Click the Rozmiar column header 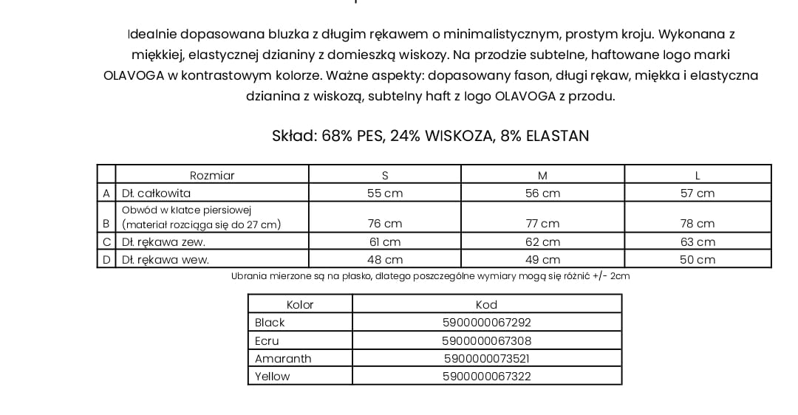(x=212, y=175)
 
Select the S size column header (x=384, y=175)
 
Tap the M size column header (x=542, y=175)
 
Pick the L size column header (x=698, y=175)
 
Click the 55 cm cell (x=384, y=193)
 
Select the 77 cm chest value (x=542, y=224)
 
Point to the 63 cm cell (x=698, y=242)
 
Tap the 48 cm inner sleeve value (x=384, y=260)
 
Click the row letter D (x=106, y=260)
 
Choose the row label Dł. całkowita (x=156, y=193)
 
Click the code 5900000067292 (x=486, y=323)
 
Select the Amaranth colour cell (x=283, y=359)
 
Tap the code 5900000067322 (x=486, y=377)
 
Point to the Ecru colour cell (x=267, y=341)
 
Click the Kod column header (x=486, y=304)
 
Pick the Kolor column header (x=300, y=304)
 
